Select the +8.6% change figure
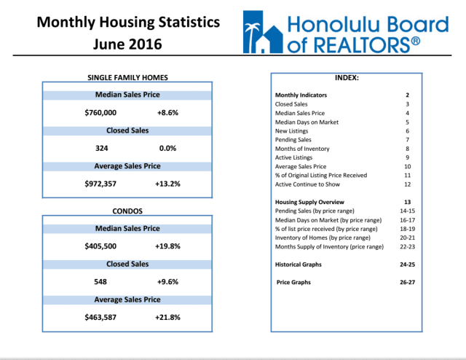[167, 113]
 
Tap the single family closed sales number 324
[102, 148]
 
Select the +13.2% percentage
[167, 184]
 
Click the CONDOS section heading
[127, 211]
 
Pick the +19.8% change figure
[167, 246]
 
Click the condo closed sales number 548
[102, 281]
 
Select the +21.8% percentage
[167, 317]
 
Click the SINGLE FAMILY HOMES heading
[127, 77]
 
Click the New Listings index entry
[293, 130]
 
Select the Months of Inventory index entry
[302, 148]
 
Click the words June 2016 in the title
[127, 44]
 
